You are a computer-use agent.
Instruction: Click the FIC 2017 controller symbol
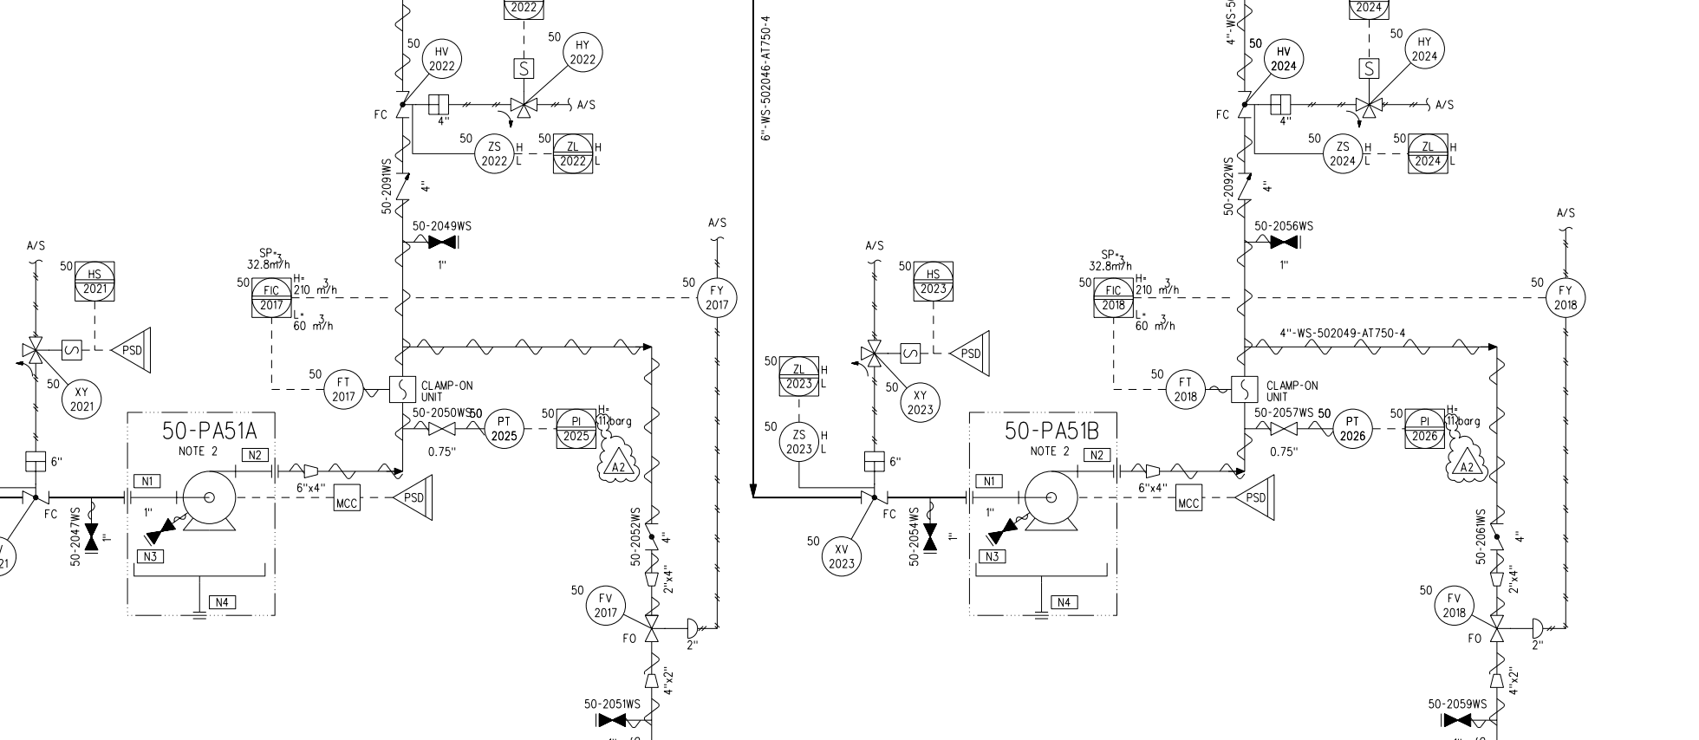click(x=271, y=297)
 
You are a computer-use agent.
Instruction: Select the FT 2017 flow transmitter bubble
click(x=344, y=389)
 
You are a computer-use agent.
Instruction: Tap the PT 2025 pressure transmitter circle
click(x=504, y=429)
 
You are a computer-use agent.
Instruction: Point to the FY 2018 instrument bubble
click(x=1566, y=298)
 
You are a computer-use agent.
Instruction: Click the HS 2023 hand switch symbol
click(x=933, y=282)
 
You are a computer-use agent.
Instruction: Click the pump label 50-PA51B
click(x=1051, y=431)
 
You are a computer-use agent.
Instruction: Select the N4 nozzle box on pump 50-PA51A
click(x=221, y=602)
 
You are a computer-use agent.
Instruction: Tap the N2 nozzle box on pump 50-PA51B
click(x=1096, y=455)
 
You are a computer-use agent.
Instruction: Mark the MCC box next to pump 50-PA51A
click(x=346, y=498)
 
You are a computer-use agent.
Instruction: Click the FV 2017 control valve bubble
click(x=605, y=606)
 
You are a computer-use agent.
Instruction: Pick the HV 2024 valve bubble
click(x=1284, y=59)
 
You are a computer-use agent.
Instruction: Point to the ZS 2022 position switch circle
click(x=494, y=154)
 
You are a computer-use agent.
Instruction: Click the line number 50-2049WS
click(x=442, y=226)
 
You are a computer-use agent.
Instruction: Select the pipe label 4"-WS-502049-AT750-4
click(x=1343, y=334)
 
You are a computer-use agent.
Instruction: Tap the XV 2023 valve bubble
click(x=841, y=555)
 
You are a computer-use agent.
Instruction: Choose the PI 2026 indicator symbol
click(x=1425, y=429)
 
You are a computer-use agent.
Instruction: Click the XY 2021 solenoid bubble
click(x=81, y=399)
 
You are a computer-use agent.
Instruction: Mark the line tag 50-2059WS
click(x=1457, y=704)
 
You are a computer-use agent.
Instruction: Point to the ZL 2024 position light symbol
click(x=1428, y=154)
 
